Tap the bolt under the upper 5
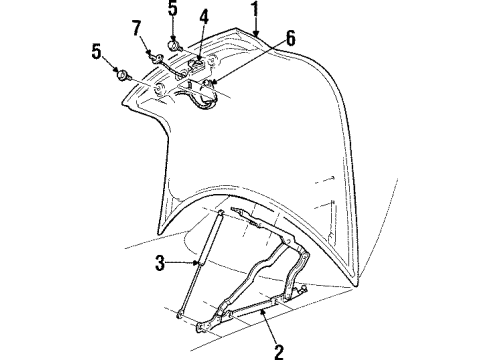[x=173, y=44]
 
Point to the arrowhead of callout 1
[x=258, y=36]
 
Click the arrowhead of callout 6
[x=212, y=83]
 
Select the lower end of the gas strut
[x=178, y=316]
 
